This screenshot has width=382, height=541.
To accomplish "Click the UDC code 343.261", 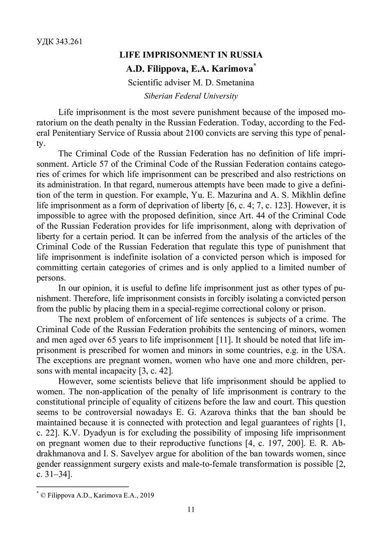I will tap(70, 41).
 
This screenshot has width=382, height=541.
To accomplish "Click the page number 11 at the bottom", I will tap(190, 510).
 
